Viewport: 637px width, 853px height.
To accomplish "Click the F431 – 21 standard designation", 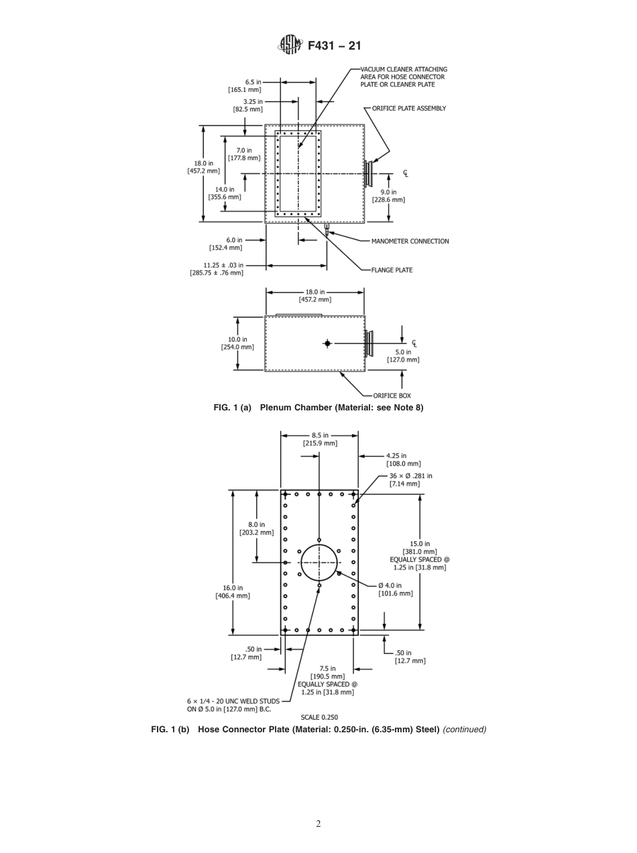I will tap(334, 46).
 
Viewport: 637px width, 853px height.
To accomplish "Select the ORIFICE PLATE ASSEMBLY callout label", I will tap(409, 109).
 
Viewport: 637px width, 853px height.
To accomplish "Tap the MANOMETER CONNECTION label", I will tap(410, 241).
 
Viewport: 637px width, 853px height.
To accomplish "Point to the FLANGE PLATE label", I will tap(392, 270).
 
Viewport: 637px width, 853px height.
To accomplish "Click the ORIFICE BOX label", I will tap(392, 396).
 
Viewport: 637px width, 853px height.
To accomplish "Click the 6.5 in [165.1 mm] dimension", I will tap(244, 86).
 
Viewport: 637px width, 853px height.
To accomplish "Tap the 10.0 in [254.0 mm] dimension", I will tap(237, 343).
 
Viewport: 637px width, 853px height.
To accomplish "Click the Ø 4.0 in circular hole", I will tap(318, 562).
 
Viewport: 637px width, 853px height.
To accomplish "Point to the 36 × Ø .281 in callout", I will tap(410, 479).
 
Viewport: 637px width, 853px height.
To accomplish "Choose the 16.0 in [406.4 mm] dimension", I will tap(232, 591).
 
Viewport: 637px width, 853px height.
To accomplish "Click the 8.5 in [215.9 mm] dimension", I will tap(319, 439).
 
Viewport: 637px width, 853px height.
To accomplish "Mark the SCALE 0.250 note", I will tap(319, 717).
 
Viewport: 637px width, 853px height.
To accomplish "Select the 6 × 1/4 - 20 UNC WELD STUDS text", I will tap(233, 705).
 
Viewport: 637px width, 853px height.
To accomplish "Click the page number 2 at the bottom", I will tap(318, 824).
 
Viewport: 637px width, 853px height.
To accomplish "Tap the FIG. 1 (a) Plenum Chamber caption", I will tap(318, 408).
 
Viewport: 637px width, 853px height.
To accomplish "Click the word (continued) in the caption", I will tap(464, 730).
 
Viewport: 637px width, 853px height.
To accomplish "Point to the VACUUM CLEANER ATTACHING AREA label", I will tap(404, 77).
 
